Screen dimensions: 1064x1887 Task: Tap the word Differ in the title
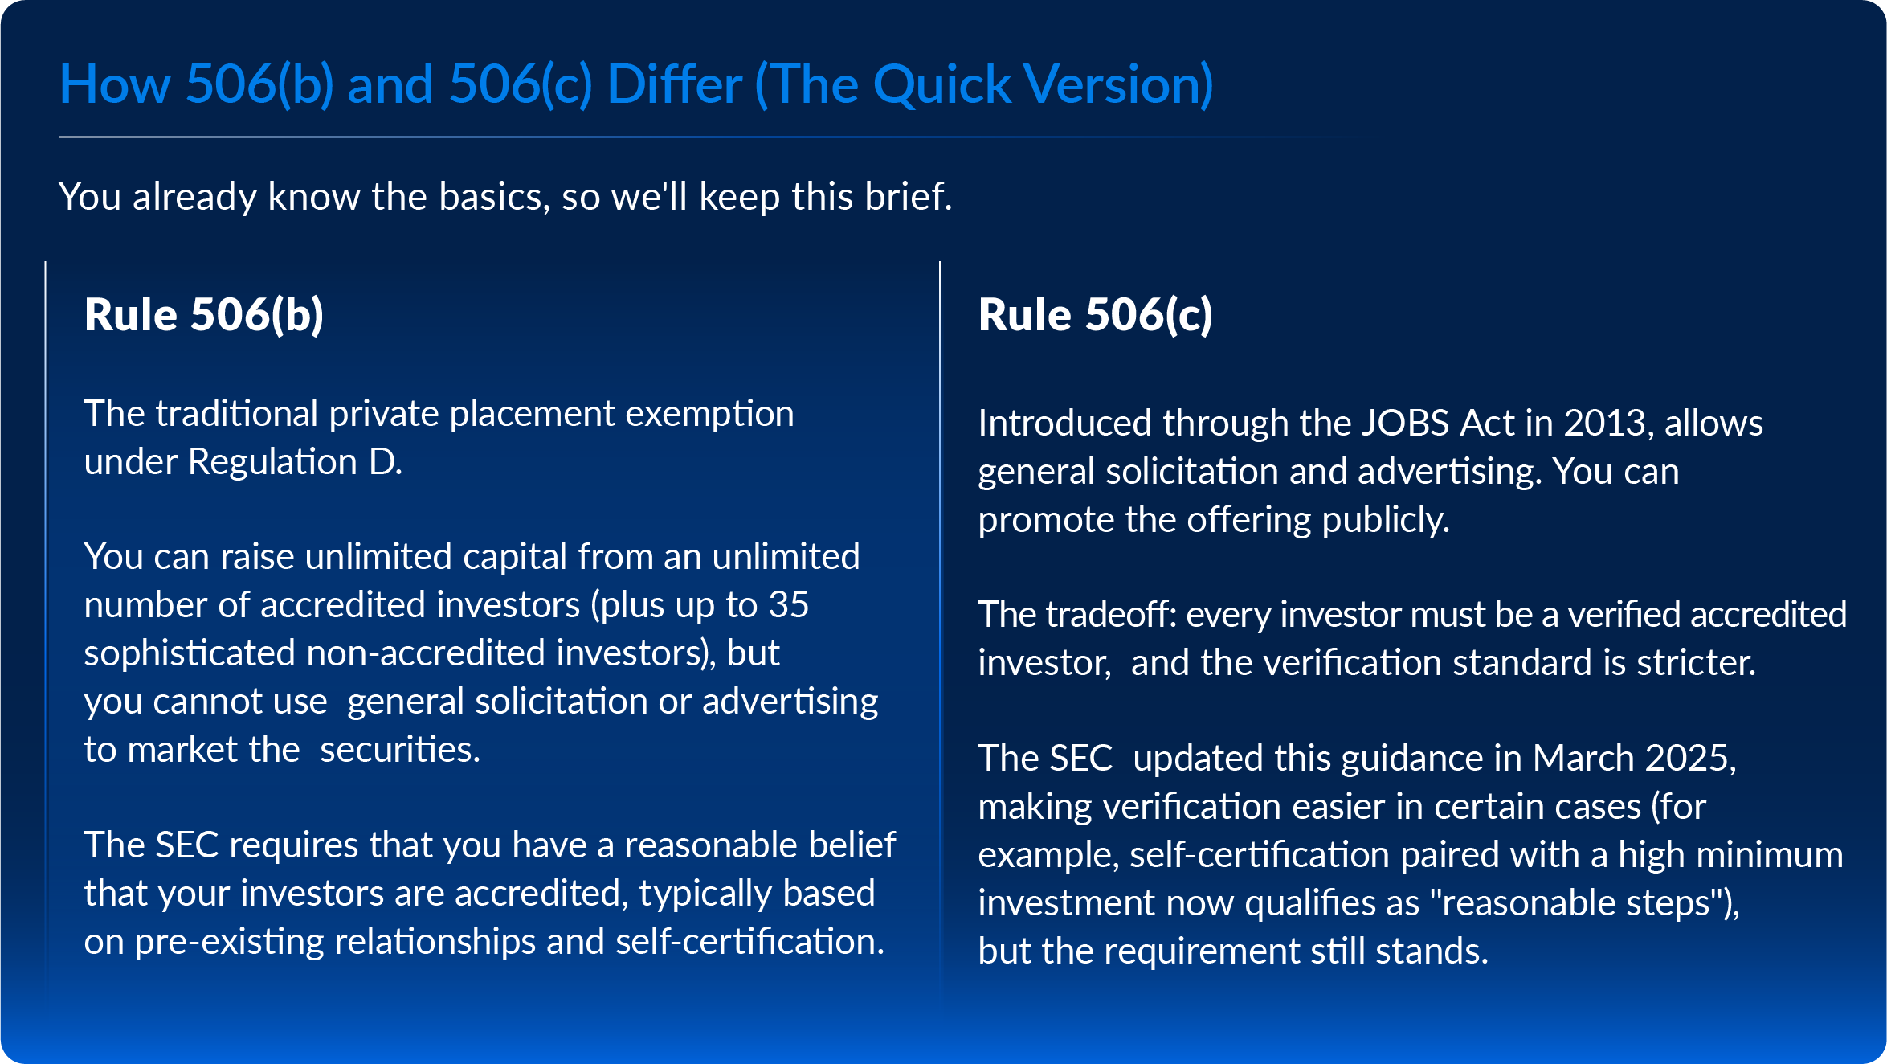click(674, 85)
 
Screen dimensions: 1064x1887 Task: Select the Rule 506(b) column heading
click(204, 314)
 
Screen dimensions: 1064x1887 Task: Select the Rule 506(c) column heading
click(1096, 314)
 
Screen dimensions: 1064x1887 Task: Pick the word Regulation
click(272, 462)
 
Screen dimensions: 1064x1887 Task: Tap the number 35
click(788, 605)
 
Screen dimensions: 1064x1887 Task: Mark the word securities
click(399, 750)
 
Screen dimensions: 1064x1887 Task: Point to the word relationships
click(435, 942)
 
